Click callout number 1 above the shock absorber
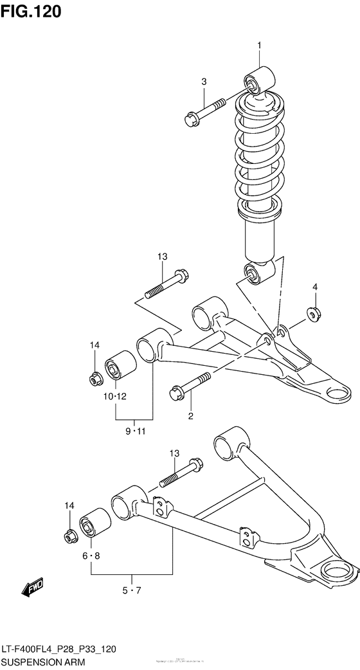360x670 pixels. point(260,45)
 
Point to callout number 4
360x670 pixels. point(316,286)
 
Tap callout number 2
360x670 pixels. point(190,417)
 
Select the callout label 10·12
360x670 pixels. point(116,396)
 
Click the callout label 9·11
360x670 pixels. point(135,430)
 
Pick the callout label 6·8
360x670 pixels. point(91,555)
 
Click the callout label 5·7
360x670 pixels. point(132,590)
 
